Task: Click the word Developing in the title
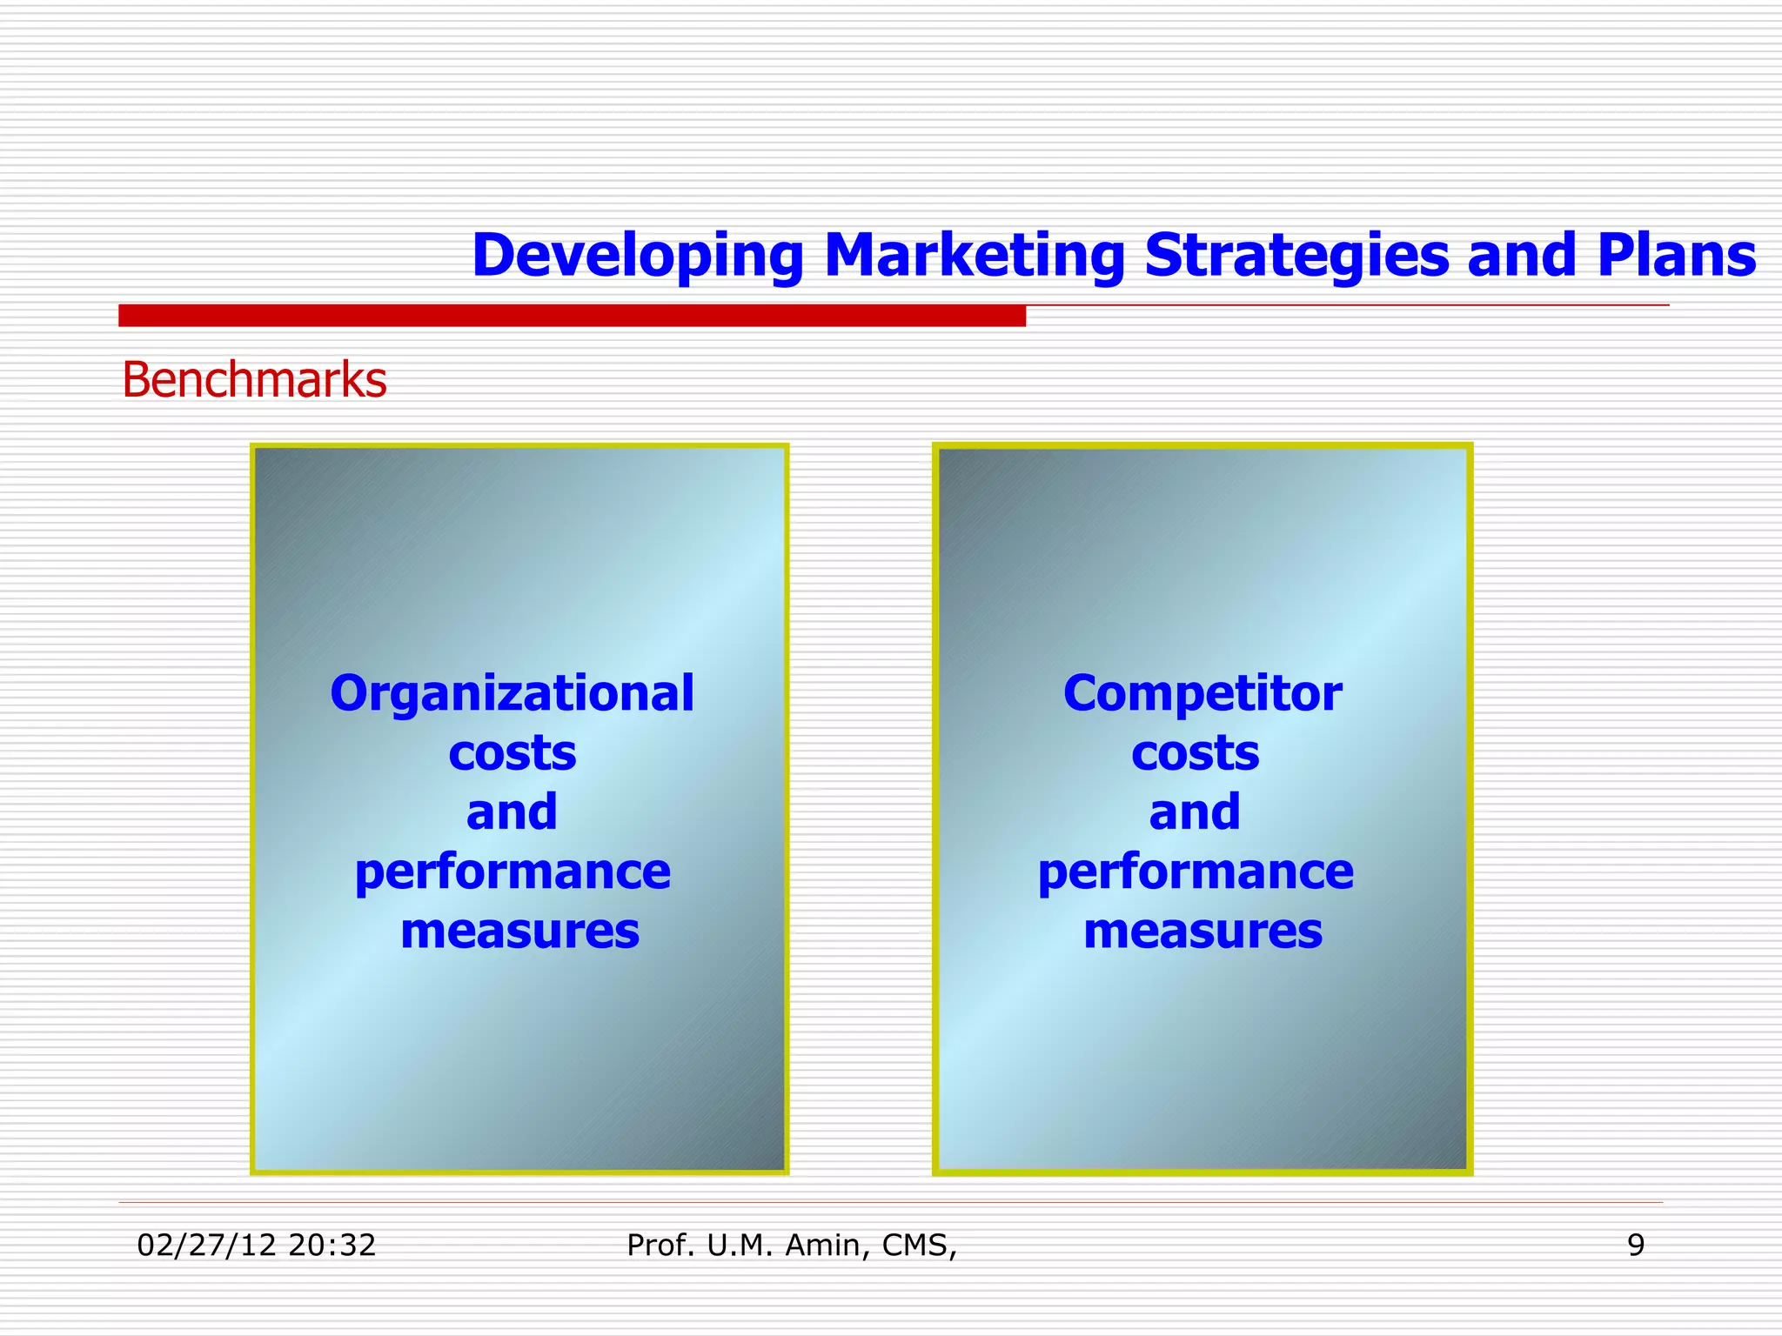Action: [637, 256]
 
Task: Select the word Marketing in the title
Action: [974, 256]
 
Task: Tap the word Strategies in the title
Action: [1296, 256]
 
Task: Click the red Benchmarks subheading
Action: [254, 381]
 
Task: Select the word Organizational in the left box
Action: [512, 694]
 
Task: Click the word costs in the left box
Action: [512, 753]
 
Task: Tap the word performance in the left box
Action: [512, 872]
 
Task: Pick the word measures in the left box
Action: [519, 931]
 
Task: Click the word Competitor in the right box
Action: [1203, 694]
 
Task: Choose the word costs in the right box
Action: [1195, 753]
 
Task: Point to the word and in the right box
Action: [1195, 812]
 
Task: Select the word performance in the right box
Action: [1196, 872]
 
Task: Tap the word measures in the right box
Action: [1203, 931]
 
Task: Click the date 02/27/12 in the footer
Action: [207, 1246]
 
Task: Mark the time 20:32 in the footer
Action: [332, 1246]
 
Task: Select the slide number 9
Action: [1636, 1246]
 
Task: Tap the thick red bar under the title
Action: [572, 316]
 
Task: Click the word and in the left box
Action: [512, 812]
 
